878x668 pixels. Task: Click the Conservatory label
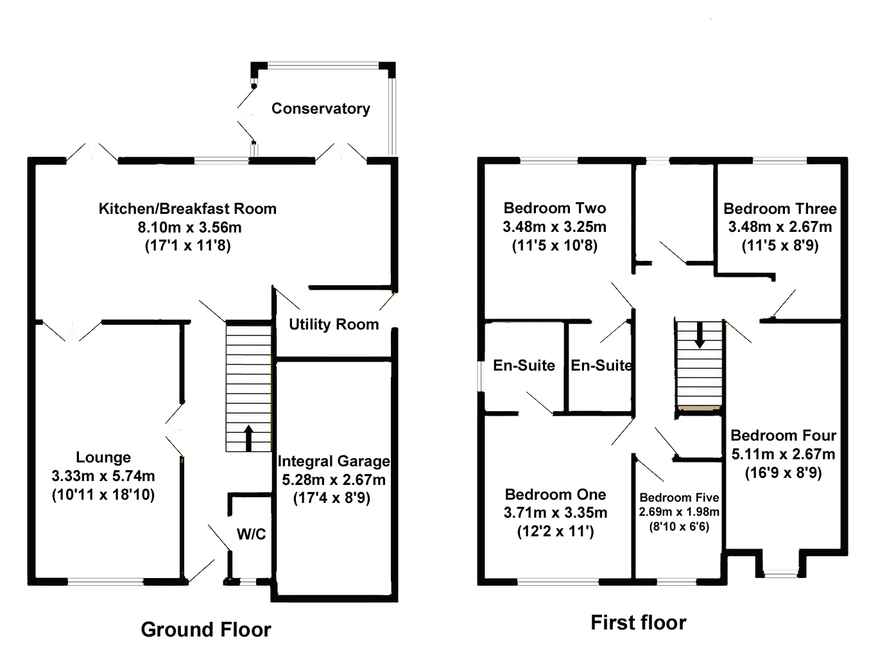[x=320, y=109]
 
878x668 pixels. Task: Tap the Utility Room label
[x=334, y=324]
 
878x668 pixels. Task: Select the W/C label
[x=251, y=534]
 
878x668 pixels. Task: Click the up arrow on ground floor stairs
[x=248, y=438]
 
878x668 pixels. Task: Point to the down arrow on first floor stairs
[x=700, y=335]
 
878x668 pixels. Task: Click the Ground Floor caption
[x=206, y=629]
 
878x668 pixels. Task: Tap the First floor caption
[x=639, y=623]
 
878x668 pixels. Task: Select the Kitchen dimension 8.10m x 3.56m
[x=189, y=227]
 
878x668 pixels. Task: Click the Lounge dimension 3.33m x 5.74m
[x=103, y=476]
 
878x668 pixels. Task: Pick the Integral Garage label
[x=334, y=461]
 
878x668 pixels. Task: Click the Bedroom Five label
[x=679, y=498]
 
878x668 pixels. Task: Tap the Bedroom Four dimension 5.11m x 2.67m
[x=783, y=454]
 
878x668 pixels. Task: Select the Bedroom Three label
[x=780, y=209]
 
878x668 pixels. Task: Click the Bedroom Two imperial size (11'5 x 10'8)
[x=555, y=245]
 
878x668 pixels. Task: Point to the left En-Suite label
[x=524, y=365]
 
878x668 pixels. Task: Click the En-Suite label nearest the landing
[x=601, y=365]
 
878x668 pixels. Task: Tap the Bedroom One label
[x=555, y=495]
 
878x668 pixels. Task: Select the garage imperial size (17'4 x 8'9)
[x=332, y=498]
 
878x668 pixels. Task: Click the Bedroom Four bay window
[x=780, y=576]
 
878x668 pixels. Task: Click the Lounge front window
[x=106, y=581]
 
